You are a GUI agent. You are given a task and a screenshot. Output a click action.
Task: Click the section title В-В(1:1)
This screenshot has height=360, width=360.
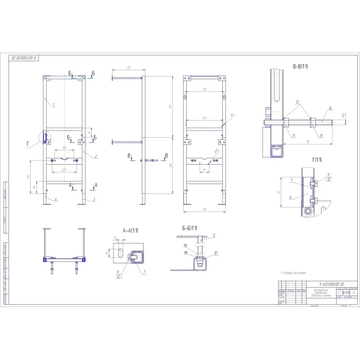pos(300,67)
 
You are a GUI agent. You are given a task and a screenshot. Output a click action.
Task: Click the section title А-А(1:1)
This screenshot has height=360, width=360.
pos(130,230)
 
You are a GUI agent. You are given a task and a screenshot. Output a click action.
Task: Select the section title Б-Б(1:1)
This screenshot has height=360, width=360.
pos(189,228)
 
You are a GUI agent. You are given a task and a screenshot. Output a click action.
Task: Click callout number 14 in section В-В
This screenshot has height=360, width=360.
pos(330,108)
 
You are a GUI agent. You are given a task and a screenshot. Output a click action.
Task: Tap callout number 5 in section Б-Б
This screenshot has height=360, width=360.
pos(214,235)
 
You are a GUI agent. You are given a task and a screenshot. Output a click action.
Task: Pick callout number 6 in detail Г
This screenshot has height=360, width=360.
pos(291,197)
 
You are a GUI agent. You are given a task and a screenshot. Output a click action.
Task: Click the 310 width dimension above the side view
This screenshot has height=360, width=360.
pos(128,67)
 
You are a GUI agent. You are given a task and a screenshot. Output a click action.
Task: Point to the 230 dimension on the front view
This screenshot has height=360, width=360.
pos(65,170)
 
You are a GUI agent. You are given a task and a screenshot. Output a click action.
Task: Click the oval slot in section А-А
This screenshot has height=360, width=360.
pos(120,252)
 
